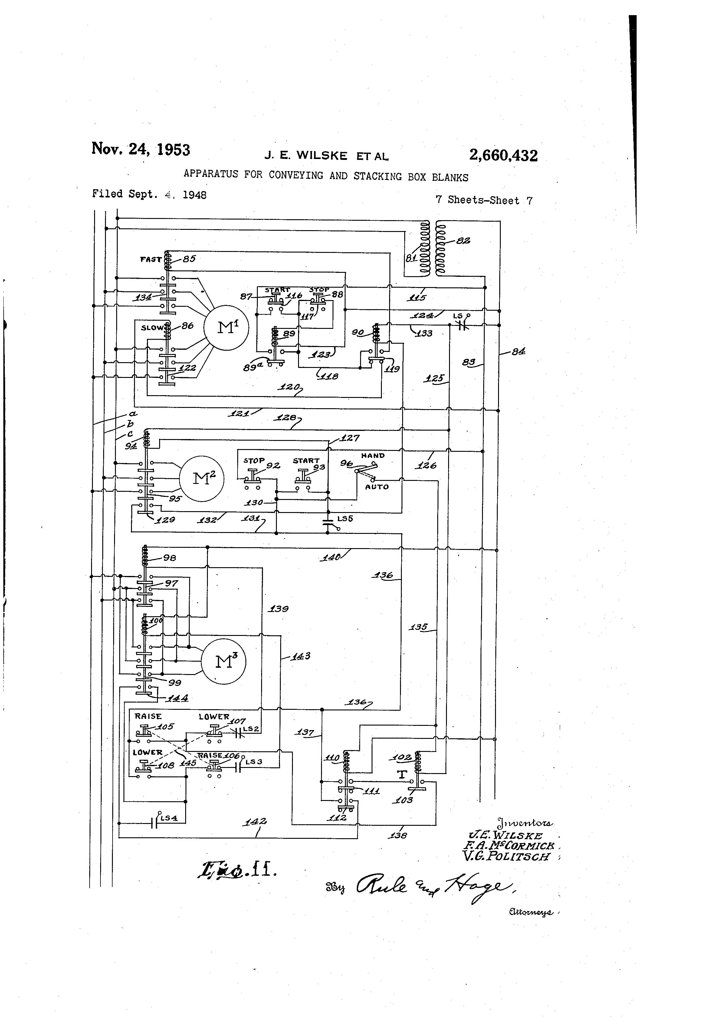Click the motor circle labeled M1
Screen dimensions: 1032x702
point(226,328)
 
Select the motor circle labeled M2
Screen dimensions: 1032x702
point(202,479)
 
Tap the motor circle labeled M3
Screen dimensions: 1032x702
point(223,662)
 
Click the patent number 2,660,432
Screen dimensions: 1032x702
point(503,155)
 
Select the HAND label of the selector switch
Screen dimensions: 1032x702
point(373,456)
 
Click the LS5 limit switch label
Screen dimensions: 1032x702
point(345,519)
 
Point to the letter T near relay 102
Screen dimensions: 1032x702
point(402,775)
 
